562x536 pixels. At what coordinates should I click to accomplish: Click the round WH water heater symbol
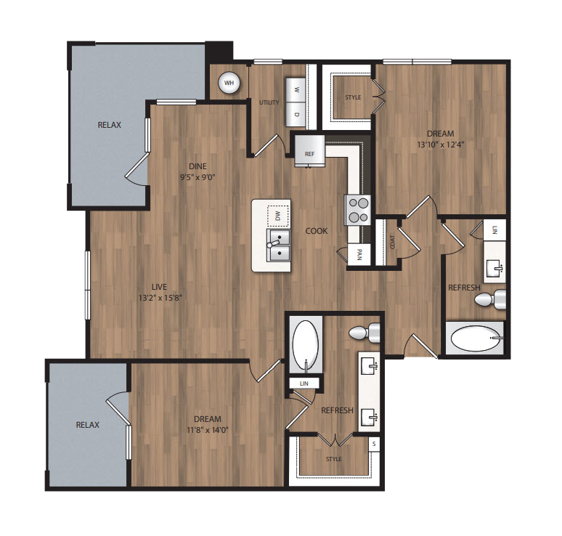[229, 83]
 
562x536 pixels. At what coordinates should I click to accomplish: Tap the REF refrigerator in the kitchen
[309, 151]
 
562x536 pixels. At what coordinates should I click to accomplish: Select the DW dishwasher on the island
[278, 216]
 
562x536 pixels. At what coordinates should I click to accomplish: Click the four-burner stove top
[358, 211]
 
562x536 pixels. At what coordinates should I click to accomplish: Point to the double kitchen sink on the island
[278, 246]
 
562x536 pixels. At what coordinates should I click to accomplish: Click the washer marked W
[296, 89]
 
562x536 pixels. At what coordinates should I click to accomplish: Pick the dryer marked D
[296, 114]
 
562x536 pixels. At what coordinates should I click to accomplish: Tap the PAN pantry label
[359, 254]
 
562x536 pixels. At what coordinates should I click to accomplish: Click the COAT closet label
[393, 242]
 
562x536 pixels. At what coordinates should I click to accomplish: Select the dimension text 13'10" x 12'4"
[441, 145]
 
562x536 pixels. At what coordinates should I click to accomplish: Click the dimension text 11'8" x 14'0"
[208, 429]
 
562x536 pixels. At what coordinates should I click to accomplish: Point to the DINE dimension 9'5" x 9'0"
[197, 177]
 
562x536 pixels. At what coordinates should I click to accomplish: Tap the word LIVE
[159, 287]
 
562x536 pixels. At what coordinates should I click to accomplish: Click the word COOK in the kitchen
[317, 231]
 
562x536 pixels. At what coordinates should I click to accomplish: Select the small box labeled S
[374, 444]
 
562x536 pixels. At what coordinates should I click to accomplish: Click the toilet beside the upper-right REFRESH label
[490, 299]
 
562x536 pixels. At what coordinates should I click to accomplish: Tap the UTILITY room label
[269, 102]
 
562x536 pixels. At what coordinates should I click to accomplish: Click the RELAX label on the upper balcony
[110, 125]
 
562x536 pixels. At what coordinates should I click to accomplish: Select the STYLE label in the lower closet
[334, 459]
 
